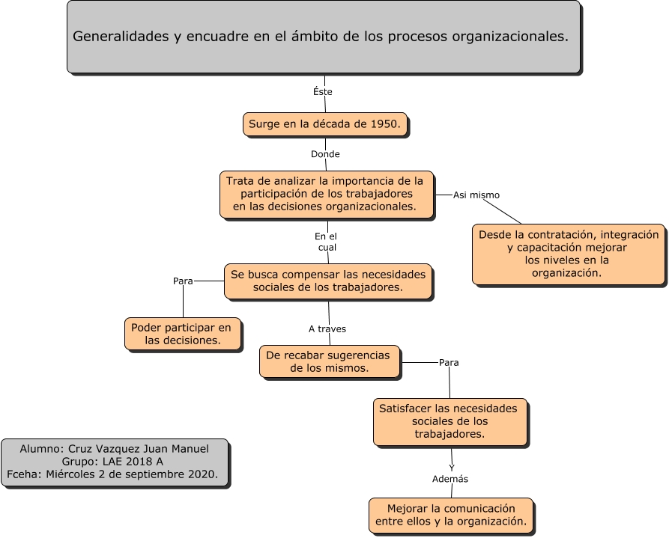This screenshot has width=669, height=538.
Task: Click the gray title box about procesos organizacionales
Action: click(323, 37)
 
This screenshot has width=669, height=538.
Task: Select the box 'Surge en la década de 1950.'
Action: click(325, 124)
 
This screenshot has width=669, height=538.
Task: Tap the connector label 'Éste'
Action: click(322, 92)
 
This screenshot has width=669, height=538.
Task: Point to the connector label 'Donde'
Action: click(325, 154)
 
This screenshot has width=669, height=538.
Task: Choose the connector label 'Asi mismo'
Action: click(476, 195)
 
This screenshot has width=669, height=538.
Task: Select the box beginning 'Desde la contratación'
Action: click(569, 254)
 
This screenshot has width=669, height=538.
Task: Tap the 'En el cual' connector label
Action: click(326, 242)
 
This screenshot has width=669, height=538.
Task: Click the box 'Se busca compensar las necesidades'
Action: click(328, 281)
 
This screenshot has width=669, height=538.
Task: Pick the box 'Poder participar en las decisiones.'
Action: click(183, 334)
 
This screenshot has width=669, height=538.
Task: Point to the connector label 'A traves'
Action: click(327, 328)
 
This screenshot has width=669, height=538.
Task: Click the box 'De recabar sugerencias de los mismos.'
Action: click(329, 362)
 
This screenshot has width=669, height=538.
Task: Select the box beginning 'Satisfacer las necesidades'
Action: click(449, 421)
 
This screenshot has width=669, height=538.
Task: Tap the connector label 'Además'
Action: click(451, 479)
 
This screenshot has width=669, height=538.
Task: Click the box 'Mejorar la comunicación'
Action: click(451, 515)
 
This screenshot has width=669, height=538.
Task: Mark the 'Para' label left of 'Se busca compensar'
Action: click(184, 281)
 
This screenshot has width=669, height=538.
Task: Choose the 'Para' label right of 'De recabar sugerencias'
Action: click(449, 363)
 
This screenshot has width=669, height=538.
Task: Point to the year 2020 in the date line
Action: click(203, 474)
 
